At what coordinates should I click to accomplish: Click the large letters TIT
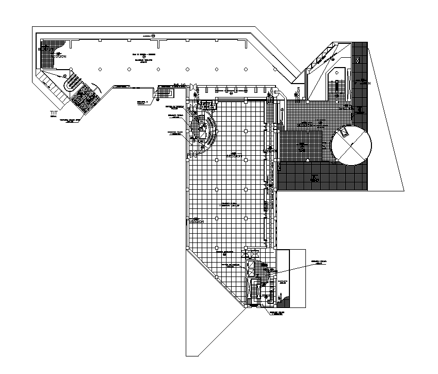pos(54,112)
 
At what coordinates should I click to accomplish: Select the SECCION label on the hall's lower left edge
pos(196,221)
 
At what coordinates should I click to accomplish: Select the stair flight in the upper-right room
pos(338,85)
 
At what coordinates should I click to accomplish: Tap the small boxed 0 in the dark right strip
pos(358,61)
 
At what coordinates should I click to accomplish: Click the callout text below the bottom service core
pos(277,313)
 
